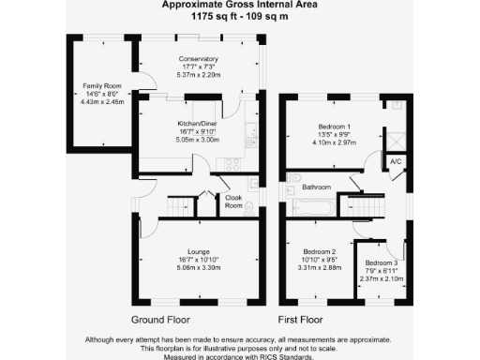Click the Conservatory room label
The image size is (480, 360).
pos(198,59)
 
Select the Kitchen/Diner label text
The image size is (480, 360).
pos(198,124)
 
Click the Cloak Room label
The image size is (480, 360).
pos(233,202)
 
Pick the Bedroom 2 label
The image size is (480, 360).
pos(319,252)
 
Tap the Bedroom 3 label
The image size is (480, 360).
pos(382,262)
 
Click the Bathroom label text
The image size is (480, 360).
pos(316,187)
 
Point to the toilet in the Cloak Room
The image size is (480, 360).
pos(247,207)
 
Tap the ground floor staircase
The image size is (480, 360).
pos(179,205)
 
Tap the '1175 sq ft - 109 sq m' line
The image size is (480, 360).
pos(239,16)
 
